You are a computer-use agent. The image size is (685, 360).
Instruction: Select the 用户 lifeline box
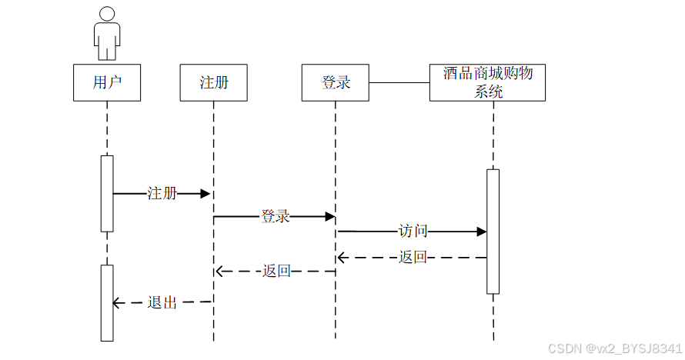tap(107, 82)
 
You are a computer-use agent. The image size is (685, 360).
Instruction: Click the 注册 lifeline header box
tap(214, 82)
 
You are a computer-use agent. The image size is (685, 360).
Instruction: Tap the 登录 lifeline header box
tap(336, 82)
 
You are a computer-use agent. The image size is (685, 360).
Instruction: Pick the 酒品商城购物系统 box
tap(487, 82)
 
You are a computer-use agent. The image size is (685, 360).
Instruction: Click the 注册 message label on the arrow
tap(162, 194)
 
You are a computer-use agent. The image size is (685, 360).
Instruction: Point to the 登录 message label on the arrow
tap(276, 217)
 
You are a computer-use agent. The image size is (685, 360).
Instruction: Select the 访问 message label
tap(413, 231)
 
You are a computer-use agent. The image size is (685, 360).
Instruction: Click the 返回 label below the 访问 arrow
tap(413, 258)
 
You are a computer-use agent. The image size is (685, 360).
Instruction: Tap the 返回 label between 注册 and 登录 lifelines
tap(276, 271)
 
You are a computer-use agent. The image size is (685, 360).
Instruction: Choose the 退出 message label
tap(162, 303)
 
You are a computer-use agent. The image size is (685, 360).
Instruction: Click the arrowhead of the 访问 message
tap(482, 231)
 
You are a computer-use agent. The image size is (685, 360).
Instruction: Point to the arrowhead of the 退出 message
tap(118, 303)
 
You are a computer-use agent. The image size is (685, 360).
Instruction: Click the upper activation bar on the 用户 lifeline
tap(107, 193)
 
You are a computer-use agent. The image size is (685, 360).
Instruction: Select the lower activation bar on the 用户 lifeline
tap(107, 303)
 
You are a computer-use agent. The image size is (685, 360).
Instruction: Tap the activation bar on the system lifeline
tap(493, 231)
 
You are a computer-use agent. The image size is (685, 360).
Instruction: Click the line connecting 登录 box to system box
tap(399, 82)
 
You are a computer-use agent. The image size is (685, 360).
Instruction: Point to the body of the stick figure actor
tap(107, 40)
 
